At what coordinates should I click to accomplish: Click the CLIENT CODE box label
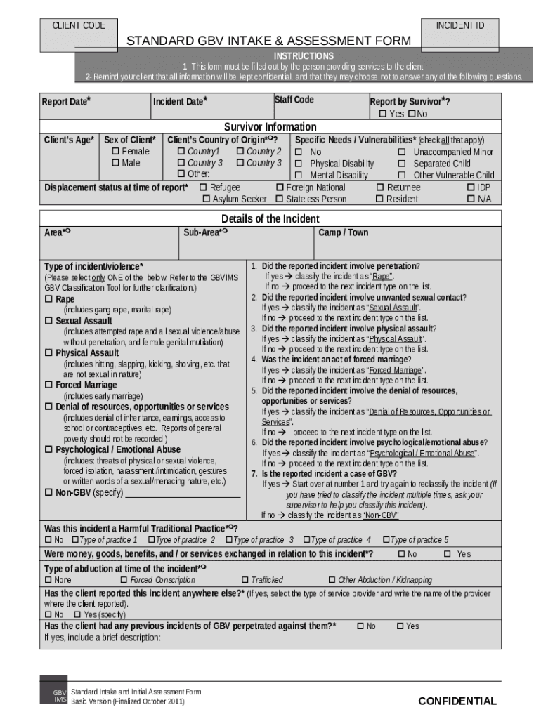click(x=79, y=26)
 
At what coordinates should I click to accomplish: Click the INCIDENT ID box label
click(x=460, y=26)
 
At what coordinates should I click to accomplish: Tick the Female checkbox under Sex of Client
click(x=115, y=152)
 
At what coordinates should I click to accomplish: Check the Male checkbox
click(x=115, y=163)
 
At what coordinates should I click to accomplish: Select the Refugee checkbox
click(x=203, y=187)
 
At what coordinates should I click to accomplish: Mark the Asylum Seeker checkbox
click(x=207, y=199)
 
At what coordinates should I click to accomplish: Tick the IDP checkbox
click(x=471, y=187)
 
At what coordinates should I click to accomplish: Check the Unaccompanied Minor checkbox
click(x=403, y=152)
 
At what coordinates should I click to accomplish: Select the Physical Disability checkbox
click(x=299, y=164)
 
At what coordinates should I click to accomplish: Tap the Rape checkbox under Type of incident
click(x=49, y=299)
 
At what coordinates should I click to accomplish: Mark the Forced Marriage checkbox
click(x=49, y=385)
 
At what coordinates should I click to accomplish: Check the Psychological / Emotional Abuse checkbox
click(x=49, y=450)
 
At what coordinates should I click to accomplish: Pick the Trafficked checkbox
click(x=245, y=580)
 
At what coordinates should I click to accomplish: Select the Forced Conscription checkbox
click(x=124, y=580)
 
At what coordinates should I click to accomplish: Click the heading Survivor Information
click(x=270, y=127)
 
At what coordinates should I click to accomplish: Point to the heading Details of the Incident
click(x=270, y=219)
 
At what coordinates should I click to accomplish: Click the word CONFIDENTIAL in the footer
click(x=457, y=701)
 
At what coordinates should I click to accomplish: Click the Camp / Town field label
click(x=343, y=232)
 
